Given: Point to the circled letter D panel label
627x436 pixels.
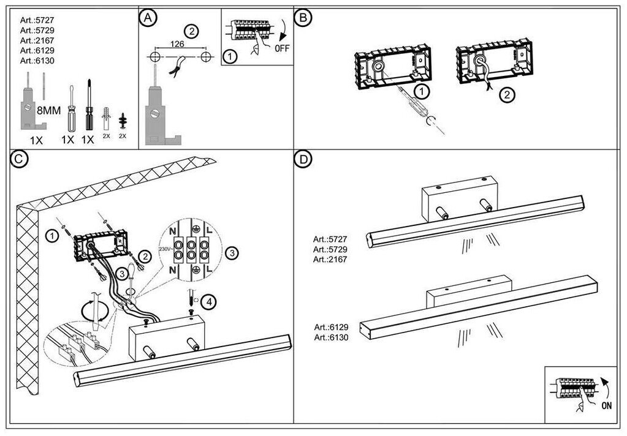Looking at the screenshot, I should click(x=302, y=159).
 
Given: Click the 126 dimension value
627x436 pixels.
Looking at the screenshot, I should click(x=178, y=43).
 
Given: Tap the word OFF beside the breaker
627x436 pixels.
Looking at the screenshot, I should click(x=282, y=48).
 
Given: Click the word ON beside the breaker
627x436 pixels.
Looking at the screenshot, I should click(x=606, y=405).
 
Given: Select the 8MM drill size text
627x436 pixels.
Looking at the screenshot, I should click(x=49, y=111).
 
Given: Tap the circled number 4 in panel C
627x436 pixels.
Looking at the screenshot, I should click(x=209, y=301).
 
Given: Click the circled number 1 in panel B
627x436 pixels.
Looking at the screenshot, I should click(x=420, y=92).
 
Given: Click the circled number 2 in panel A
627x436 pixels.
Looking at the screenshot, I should click(x=191, y=31).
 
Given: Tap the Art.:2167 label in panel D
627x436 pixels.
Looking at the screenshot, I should click(x=330, y=259).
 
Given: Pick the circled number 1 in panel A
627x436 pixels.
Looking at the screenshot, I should click(x=229, y=56).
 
